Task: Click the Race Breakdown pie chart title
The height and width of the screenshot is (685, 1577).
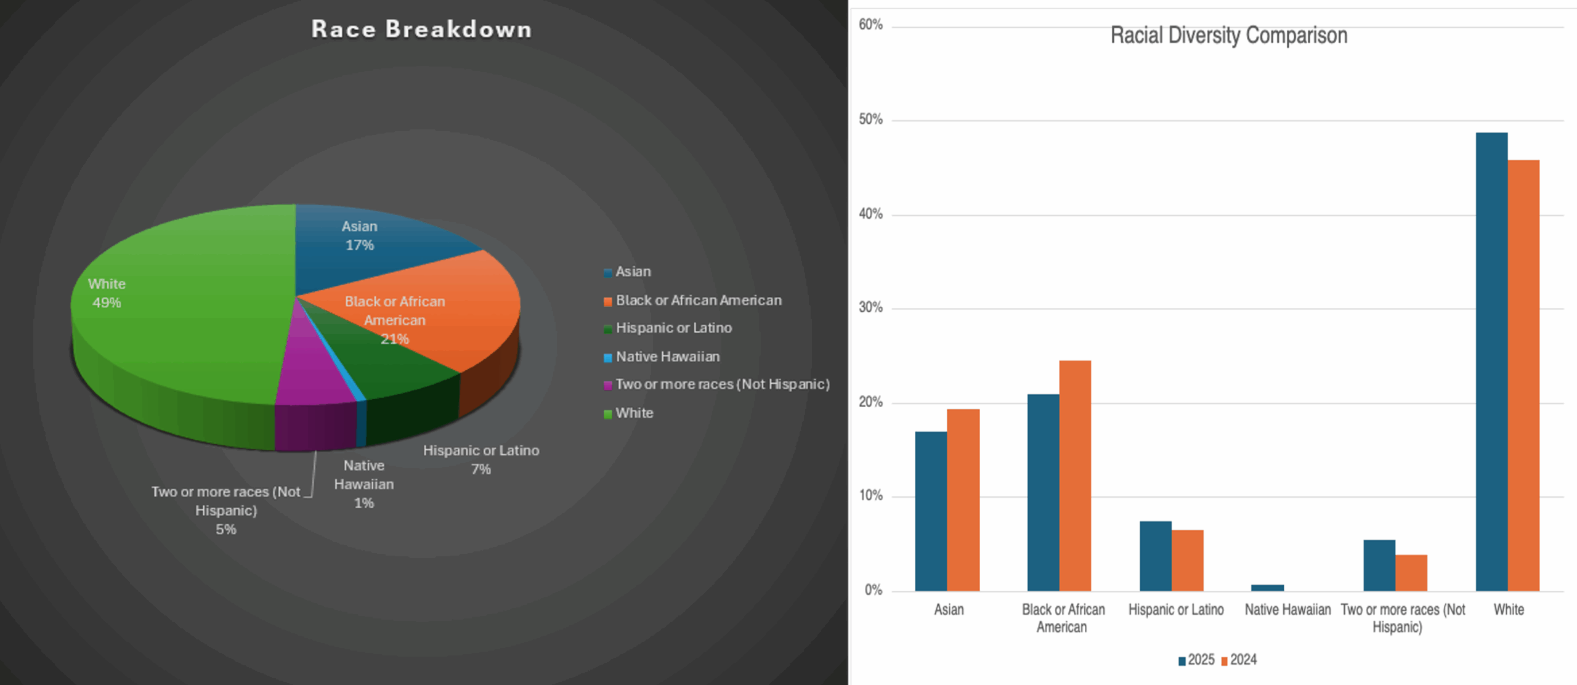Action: [421, 30]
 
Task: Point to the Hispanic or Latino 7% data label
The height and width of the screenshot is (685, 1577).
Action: [481, 460]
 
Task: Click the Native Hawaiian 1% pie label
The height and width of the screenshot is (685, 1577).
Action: [364, 484]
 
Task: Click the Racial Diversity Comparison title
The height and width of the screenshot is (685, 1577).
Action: [1228, 36]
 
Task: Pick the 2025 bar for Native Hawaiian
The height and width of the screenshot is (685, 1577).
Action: [1268, 588]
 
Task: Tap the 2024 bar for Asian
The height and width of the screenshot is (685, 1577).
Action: [963, 500]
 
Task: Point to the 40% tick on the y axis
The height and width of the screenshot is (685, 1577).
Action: [870, 214]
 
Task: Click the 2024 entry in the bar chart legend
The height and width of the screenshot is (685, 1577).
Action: [1239, 660]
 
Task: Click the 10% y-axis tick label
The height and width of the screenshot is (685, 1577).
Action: [870, 496]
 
